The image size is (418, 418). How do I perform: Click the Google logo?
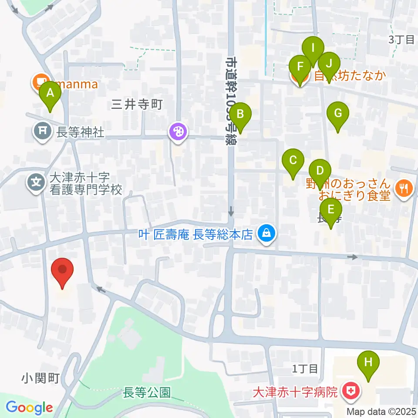(x=29, y=408)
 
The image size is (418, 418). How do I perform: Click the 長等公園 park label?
(x=147, y=392)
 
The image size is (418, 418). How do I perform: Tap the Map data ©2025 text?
(x=381, y=411)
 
